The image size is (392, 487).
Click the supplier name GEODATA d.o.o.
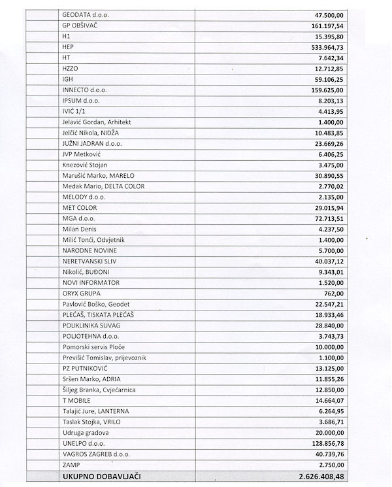86,14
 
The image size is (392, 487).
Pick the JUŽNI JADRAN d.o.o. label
92,143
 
